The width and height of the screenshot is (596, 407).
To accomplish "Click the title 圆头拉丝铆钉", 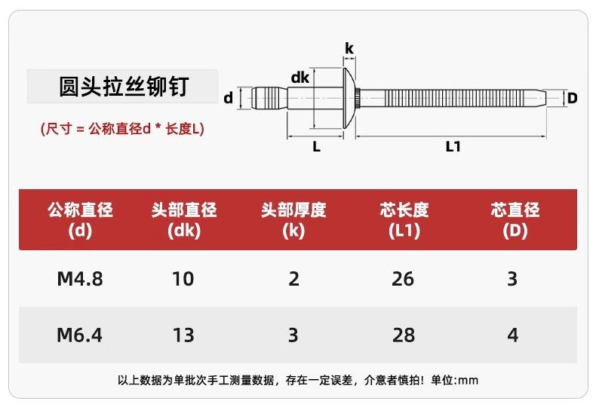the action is pyautogui.click(x=124, y=87).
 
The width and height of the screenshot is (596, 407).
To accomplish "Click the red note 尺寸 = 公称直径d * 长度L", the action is pyautogui.click(x=122, y=129).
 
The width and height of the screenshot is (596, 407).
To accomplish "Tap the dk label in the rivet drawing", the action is pyautogui.click(x=300, y=78).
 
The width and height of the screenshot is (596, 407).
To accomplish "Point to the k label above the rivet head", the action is pyautogui.click(x=349, y=48).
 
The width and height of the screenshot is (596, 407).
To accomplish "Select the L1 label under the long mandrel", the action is pyautogui.click(x=453, y=146).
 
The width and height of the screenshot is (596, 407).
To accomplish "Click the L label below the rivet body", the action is pyautogui.click(x=316, y=146).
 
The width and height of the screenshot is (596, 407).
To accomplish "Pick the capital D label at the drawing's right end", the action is pyautogui.click(x=572, y=98).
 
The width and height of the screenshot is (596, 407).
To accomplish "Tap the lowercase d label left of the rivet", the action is pyautogui.click(x=228, y=98).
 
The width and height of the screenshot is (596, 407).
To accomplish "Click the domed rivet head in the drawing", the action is pyautogui.click(x=349, y=98).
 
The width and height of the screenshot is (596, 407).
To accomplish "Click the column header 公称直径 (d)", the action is pyautogui.click(x=80, y=220).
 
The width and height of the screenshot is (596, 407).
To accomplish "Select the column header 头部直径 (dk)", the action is pyautogui.click(x=184, y=220).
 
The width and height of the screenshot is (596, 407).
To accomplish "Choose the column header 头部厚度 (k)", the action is pyautogui.click(x=293, y=220).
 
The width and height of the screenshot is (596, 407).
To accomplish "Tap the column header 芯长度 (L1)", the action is pyautogui.click(x=404, y=220).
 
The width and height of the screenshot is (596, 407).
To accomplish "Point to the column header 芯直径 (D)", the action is pyautogui.click(x=515, y=220).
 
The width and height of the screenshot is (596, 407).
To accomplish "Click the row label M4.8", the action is pyautogui.click(x=80, y=279).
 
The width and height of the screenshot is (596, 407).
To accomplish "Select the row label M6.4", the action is pyautogui.click(x=79, y=335).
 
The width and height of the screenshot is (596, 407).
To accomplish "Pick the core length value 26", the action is pyautogui.click(x=403, y=279).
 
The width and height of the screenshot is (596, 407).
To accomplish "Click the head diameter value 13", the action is pyautogui.click(x=183, y=335).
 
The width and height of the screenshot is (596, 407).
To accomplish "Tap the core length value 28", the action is pyautogui.click(x=404, y=335).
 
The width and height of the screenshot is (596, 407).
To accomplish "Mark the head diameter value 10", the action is pyautogui.click(x=183, y=279).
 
